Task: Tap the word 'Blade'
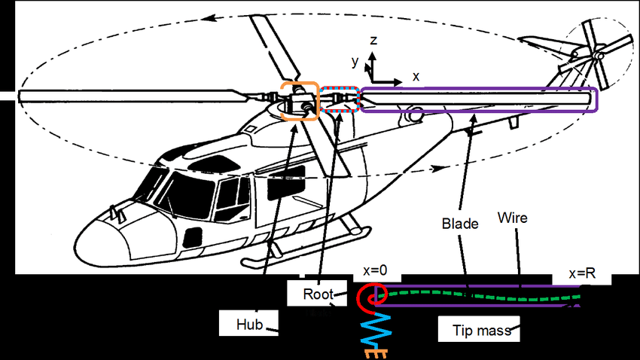pyautogui.click(x=457, y=224)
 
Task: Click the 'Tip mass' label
pyautogui.click(x=479, y=329)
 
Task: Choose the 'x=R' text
pyautogui.click(x=581, y=274)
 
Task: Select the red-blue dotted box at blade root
pyautogui.click(x=340, y=99)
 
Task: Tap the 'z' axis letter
pyautogui.click(x=373, y=40)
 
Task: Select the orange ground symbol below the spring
pyautogui.click(x=375, y=352)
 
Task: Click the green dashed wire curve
pyautogui.click(x=482, y=295)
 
